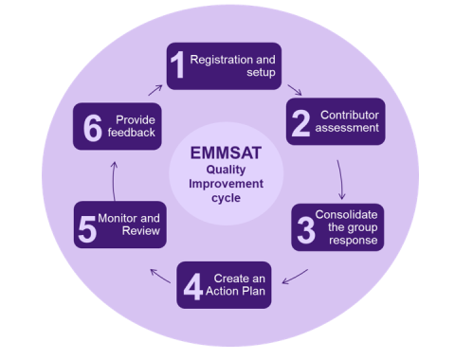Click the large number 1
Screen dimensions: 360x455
click(177, 66)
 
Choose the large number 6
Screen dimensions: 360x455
click(92, 128)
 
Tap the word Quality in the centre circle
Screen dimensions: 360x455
click(226, 169)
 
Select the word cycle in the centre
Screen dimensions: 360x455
click(226, 201)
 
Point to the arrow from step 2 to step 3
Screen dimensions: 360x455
click(340, 177)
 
